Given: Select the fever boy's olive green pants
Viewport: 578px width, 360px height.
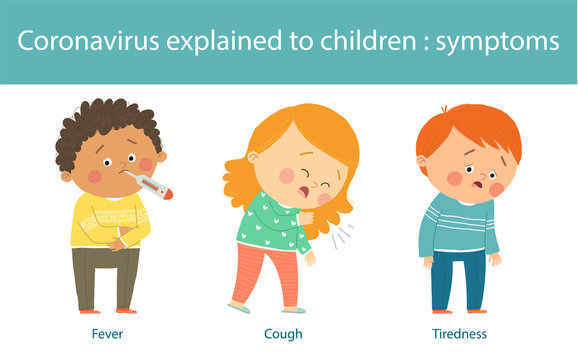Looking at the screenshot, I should [x=105, y=275].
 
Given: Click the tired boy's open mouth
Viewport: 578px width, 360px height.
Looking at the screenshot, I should [x=475, y=187].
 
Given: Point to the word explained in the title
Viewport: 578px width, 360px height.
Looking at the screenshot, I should [x=227, y=42].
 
